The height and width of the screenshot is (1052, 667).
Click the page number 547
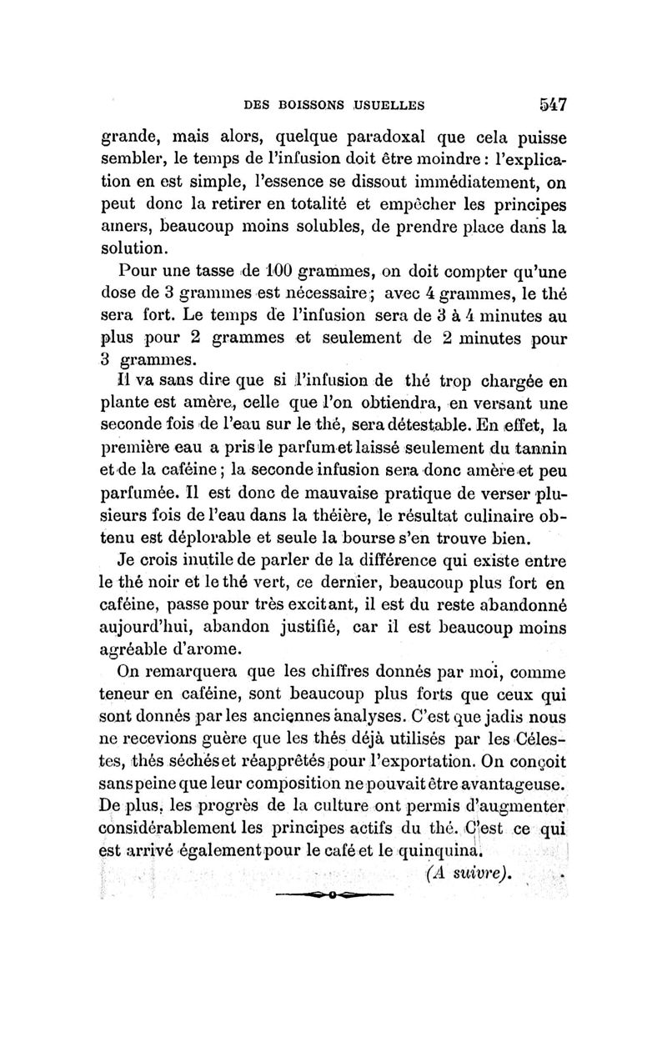(552, 105)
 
